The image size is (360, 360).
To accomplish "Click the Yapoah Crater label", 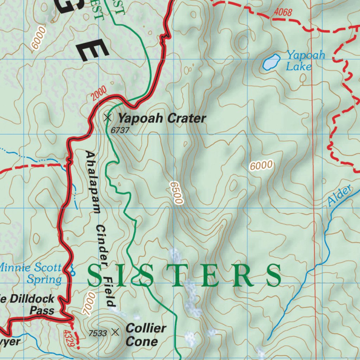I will pyautogui.click(x=161, y=118).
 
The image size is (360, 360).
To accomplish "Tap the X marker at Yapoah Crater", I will pyautogui.click(x=108, y=117).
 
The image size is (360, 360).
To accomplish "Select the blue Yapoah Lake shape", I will pyautogui.click(x=271, y=62).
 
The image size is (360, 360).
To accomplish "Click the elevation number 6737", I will pyautogui.click(x=120, y=130).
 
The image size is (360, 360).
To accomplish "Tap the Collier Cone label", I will pyautogui.click(x=145, y=335).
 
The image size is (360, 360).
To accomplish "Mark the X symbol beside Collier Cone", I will pyautogui.click(x=115, y=332).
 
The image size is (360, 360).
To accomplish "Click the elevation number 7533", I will pyautogui.click(x=98, y=333).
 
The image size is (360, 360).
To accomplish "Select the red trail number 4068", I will pyautogui.click(x=283, y=13).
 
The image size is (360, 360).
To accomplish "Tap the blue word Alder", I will pyautogui.click(x=340, y=196).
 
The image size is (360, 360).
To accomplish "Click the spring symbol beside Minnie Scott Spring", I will pyautogui.click(x=72, y=270).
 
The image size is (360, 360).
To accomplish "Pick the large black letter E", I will pyautogui.click(x=92, y=49).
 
